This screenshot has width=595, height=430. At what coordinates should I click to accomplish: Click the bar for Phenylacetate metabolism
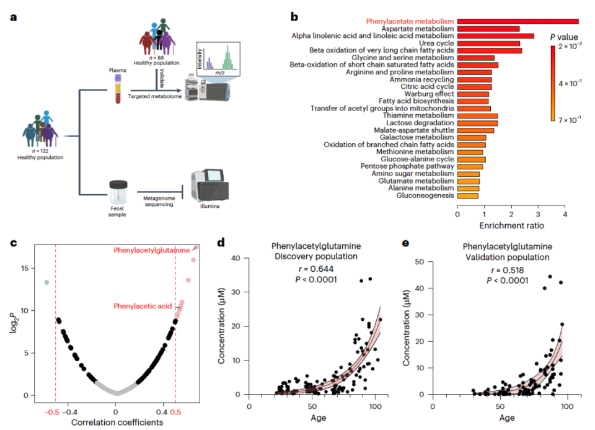tap(518, 21)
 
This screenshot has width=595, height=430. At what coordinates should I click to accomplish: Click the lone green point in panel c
tap(46, 282)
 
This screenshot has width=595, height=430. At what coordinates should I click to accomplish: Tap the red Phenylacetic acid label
tap(141, 306)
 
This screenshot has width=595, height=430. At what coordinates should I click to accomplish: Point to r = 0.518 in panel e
tap(505, 271)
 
